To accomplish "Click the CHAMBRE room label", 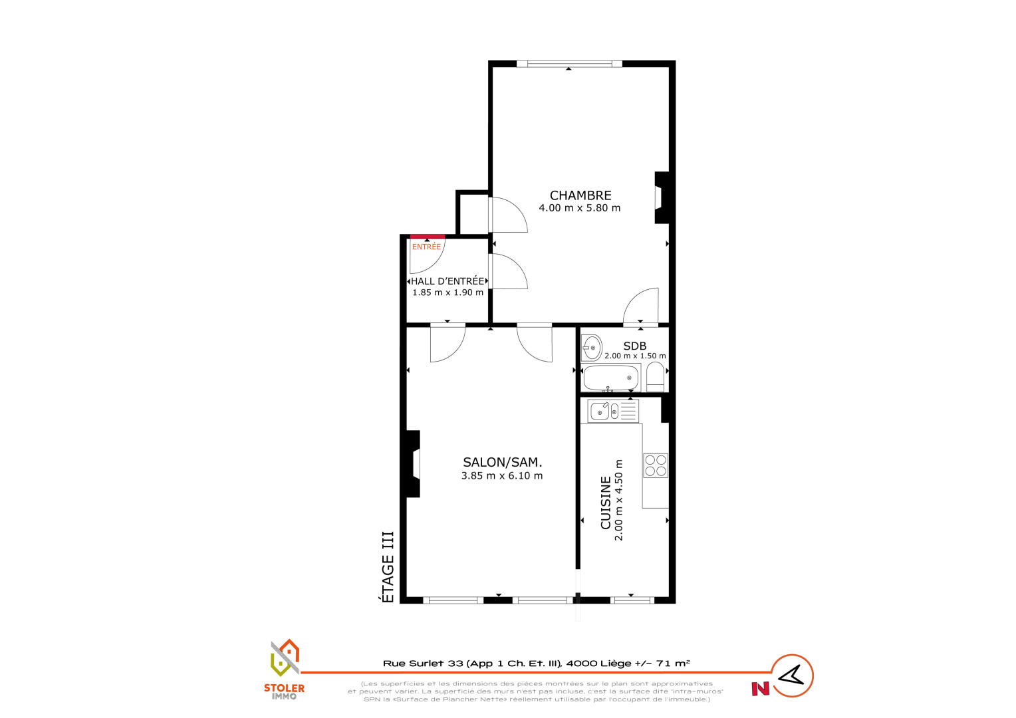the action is [x=580, y=195].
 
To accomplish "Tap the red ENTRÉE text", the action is [x=426, y=247].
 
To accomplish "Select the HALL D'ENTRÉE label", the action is [x=447, y=281].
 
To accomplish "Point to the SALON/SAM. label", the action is [x=503, y=463].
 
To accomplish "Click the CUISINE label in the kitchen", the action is [x=606, y=503].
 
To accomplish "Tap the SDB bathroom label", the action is [x=635, y=346].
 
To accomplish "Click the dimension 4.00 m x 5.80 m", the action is [x=580, y=208].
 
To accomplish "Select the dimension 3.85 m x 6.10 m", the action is [x=502, y=476].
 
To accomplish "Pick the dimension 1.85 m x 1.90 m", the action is [x=447, y=293].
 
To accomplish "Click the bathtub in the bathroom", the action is [x=611, y=378].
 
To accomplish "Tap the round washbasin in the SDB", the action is [x=592, y=348].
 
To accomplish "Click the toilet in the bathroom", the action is [x=656, y=377].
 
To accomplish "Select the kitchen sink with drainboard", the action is [x=613, y=412].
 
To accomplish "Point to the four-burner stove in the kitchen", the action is [x=656, y=466].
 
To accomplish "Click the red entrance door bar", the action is [x=428, y=236].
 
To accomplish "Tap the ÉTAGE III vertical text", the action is [x=388, y=567].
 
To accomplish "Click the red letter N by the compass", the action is [x=761, y=689].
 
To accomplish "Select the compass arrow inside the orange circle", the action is [x=791, y=675].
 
